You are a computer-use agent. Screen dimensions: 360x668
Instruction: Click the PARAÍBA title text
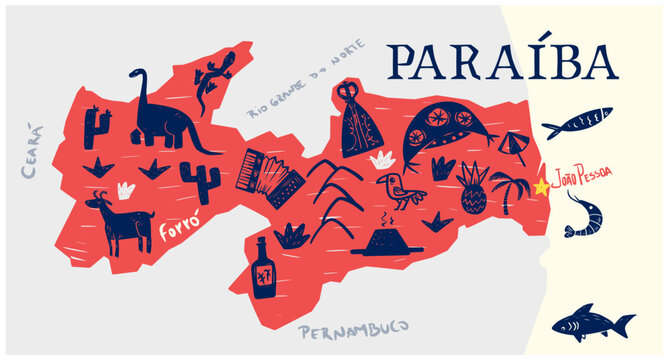(502, 62)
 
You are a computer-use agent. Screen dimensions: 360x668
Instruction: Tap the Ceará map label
(31, 151)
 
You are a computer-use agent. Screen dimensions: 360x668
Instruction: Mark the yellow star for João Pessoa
(541, 186)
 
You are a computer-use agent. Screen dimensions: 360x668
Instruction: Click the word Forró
(175, 233)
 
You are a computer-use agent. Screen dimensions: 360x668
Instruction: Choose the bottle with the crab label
(263, 270)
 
